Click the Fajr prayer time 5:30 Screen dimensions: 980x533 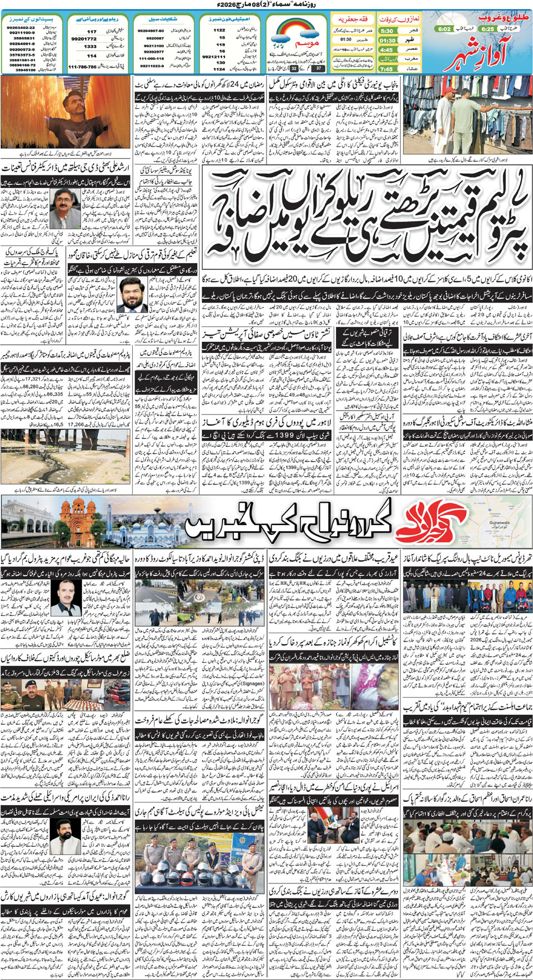(x=387, y=31)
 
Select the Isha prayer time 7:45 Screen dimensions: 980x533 (x=386, y=69)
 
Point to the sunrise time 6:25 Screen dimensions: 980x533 (x=487, y=29)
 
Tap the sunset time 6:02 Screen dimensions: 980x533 (x=444, y=29)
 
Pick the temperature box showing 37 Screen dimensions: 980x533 (x=319, y=68)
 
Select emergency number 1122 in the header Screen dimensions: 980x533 (x=220, y=30)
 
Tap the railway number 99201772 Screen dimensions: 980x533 (x=84, y=39)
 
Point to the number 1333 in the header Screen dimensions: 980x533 (x=90, y=47)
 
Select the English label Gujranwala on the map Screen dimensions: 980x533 (x=499, y=523)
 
